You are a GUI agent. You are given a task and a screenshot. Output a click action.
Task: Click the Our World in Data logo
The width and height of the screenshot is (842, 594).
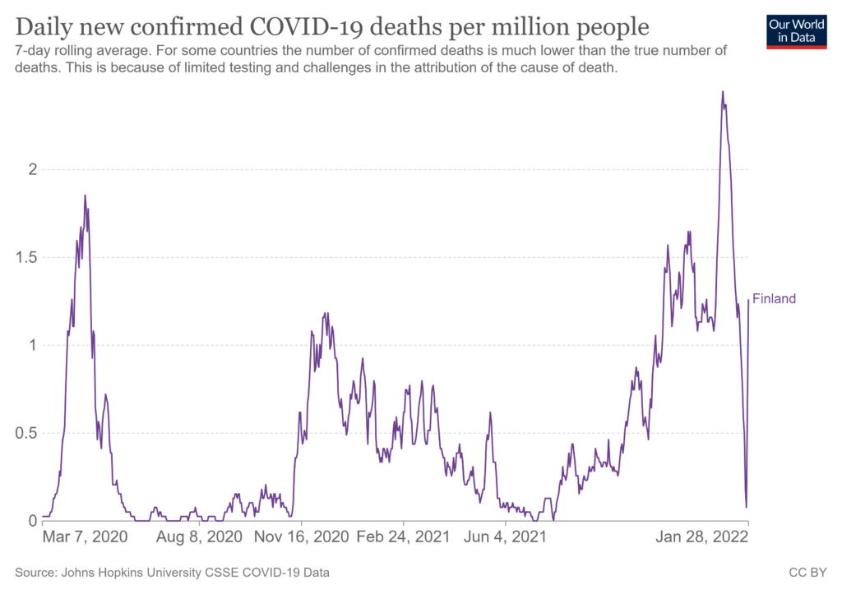pyautogui.click(x=796, y=30)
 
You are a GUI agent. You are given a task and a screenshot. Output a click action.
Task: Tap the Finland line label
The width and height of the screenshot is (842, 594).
pyautogui.click(x=774, y=299)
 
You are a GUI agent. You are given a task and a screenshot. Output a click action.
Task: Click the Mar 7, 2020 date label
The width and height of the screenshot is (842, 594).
pyautogui.click(x=85, y=537)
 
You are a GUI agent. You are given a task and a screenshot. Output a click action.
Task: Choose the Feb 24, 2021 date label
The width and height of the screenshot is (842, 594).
pyautogui.click(x=404, y=537)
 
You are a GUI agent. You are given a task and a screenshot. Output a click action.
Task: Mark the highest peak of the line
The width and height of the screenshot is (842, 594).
pyautogui.click(x=723, y=91)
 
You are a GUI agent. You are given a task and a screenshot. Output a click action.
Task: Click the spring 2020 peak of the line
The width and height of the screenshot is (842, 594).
pyautogui.click(x=85, y=196)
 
